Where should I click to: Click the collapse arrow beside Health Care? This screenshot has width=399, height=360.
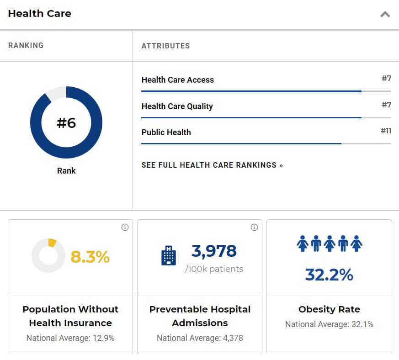(385, 14)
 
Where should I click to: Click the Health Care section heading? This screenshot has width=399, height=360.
(40, 14)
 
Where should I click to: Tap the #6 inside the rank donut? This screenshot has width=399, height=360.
(66, 123)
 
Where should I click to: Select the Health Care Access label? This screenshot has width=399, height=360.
(177, 80)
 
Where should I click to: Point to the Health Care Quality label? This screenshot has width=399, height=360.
(177, 106)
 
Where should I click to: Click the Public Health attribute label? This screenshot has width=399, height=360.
(166, 132)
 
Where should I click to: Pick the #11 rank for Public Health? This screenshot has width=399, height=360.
(386, 131)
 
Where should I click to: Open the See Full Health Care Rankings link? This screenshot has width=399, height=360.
(212, 165)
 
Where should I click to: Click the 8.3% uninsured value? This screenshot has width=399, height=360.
(90, 257)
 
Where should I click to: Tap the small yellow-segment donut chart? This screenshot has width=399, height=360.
(48, 256)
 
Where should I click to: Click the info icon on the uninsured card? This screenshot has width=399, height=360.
(125, 228)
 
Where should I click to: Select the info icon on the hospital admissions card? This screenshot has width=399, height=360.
(254, 228)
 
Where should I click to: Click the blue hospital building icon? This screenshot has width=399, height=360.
(169, 256)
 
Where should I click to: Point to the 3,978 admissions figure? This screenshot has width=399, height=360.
(214, 251)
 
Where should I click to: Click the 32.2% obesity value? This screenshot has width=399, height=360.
(329, 275)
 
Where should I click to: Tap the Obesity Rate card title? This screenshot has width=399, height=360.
(329, 309)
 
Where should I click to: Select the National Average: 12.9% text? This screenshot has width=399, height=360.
(70, 338)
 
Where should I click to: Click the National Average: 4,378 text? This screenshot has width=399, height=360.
(200, 338)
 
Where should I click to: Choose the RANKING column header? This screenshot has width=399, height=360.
(26, 46)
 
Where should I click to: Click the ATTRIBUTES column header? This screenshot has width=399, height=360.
(165, 46)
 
